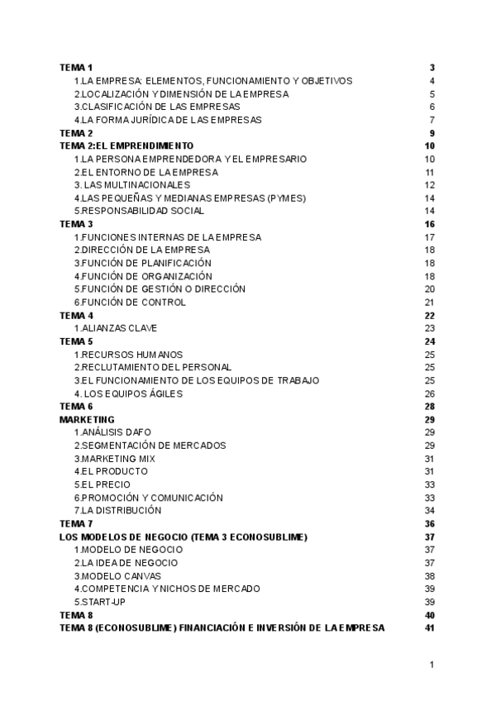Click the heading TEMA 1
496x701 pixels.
(x=77, y=67)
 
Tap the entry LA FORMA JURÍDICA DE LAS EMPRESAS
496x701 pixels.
(x=168, y=120)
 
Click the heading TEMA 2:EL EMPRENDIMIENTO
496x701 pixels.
(x=126, y=145)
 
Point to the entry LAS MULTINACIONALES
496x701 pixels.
(x=137, y=184)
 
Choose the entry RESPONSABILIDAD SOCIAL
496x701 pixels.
(x=139, y=211)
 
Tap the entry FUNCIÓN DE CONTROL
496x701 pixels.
(x=130, y=303)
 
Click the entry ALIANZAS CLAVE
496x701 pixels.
(x=116, y=328)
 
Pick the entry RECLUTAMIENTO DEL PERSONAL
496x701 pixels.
(x=153, y=367)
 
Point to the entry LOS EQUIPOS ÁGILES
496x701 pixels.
(x=129, y=393)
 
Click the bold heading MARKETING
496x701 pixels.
(x=88, y=419)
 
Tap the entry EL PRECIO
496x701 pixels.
(x=102, y=484)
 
